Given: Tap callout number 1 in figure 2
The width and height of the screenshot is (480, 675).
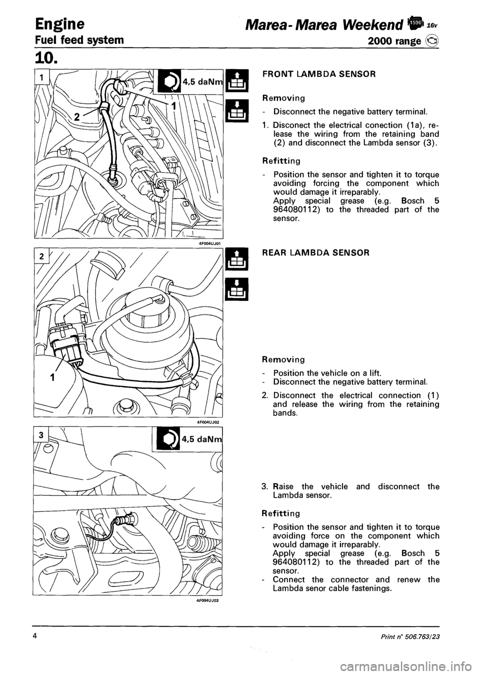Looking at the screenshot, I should tap(52, 364).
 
